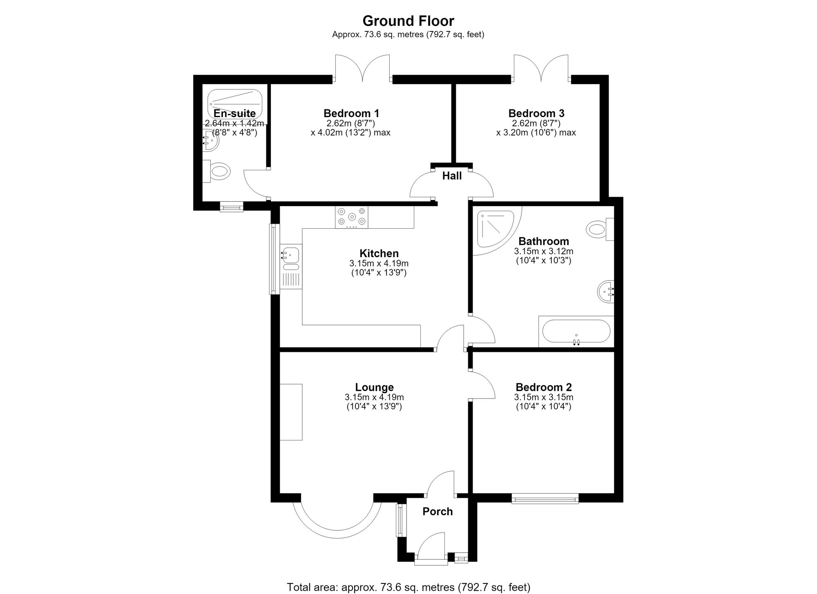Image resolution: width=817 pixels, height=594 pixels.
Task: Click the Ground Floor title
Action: tap(408, 20)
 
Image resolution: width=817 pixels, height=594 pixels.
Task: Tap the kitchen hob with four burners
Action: tap(351, 217)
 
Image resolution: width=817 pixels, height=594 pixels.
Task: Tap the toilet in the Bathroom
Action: tap(600, 229)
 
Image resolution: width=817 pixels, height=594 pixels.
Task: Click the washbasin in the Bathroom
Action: tap(606, 291)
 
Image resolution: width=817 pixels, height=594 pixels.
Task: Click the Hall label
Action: tap(452, 176)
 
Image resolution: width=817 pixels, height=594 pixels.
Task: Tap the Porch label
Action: tap(438, 512)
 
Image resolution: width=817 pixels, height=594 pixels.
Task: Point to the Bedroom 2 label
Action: tap(544, 387)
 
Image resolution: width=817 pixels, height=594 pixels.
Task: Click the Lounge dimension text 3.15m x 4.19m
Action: tap(374, 397)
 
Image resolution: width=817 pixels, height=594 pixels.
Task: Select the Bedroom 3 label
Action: tap(536, 113)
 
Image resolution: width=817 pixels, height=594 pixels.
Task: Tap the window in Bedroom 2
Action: tap(545, 498)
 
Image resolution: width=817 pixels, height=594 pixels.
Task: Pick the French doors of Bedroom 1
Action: tap(362, 68)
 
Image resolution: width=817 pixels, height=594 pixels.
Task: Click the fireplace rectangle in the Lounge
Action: tap(291, 412)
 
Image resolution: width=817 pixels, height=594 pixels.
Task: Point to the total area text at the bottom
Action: tap(408, 587)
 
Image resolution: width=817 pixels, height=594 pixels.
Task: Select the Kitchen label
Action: tap(379, 253)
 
